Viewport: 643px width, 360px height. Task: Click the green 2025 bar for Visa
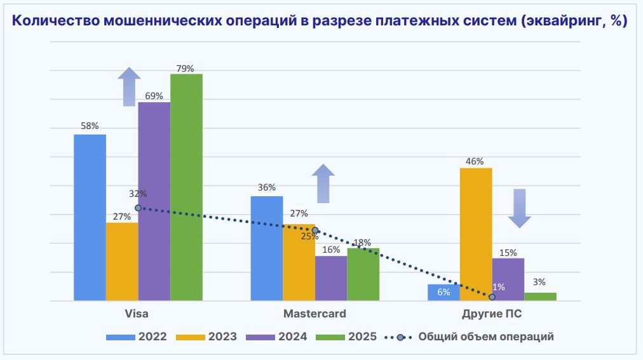tap(186, 187)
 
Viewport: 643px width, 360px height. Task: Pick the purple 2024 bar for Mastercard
tap(331, 278)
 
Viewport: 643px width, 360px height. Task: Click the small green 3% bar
tap(540, 297)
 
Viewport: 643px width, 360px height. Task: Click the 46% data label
tap(475, 161)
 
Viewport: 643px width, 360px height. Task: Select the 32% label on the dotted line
tap(138, 194)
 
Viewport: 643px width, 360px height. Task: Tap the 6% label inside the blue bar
tap(443, 293)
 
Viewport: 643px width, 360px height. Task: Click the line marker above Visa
tap(138, 208)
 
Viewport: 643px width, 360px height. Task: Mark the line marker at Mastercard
tap(315, 230)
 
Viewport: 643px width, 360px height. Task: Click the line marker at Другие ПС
tap(492, 297)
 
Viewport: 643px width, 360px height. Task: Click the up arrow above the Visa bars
tap(130, 86)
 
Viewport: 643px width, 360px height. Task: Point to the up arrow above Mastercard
tap(323, 183)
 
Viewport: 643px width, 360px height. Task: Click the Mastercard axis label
tap(315, 314)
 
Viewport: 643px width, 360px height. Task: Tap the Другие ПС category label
tap(492, 314)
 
